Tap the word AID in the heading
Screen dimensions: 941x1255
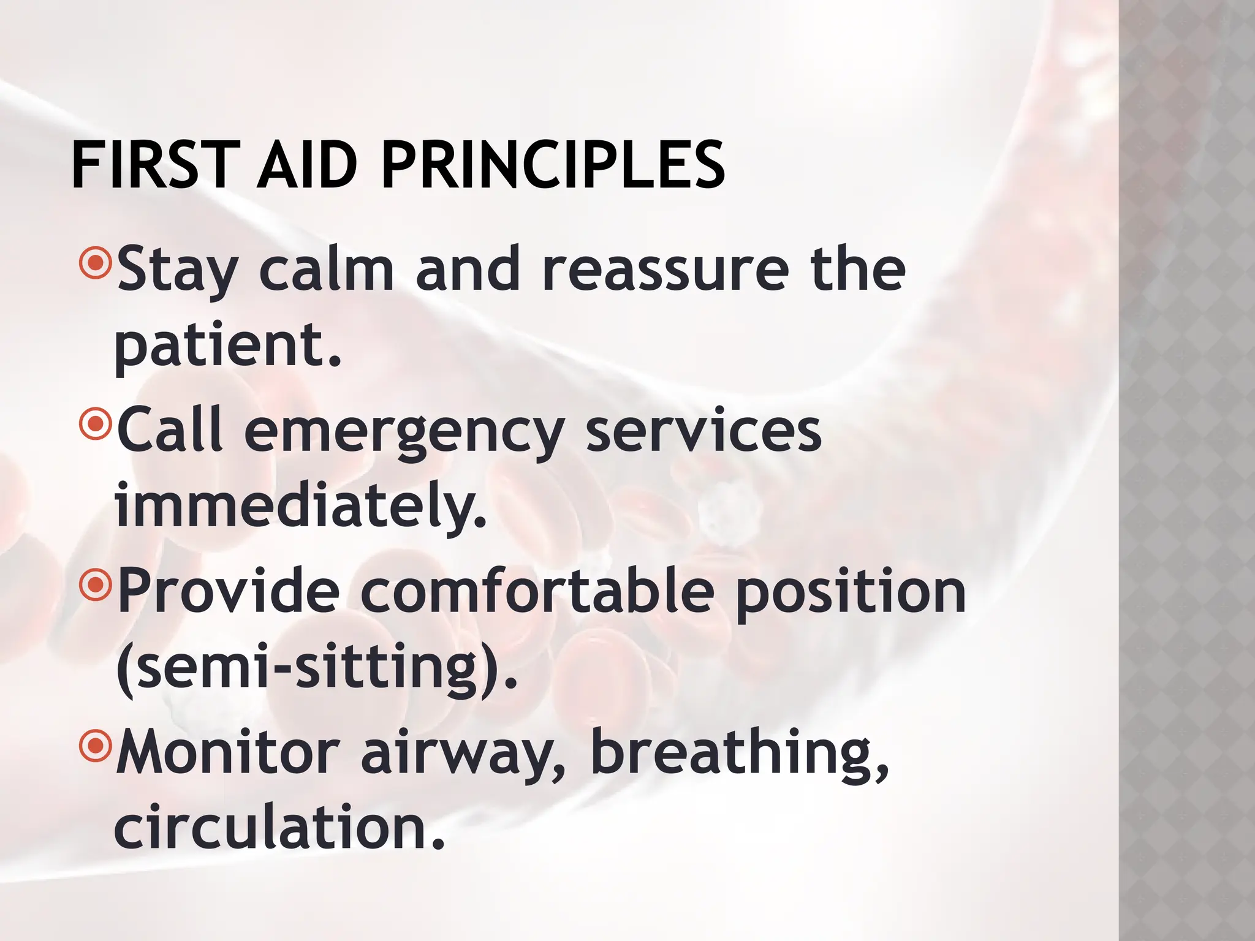(306, 165)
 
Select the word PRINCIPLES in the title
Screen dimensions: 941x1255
(553, 165)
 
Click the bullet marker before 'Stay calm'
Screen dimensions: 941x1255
(95, 263)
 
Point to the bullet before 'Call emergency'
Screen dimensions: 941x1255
(95, 424)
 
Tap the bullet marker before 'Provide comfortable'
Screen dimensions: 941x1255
(95, 585)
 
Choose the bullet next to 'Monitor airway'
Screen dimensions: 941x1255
(95, 746)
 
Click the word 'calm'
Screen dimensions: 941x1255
(326, 270)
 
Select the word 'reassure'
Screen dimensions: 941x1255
(665, 270)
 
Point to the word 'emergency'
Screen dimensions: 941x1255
(404, 432)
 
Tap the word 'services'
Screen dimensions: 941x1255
(703, 432)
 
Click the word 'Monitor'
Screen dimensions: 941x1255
(227, 752)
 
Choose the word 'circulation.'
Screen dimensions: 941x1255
(279, 828)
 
